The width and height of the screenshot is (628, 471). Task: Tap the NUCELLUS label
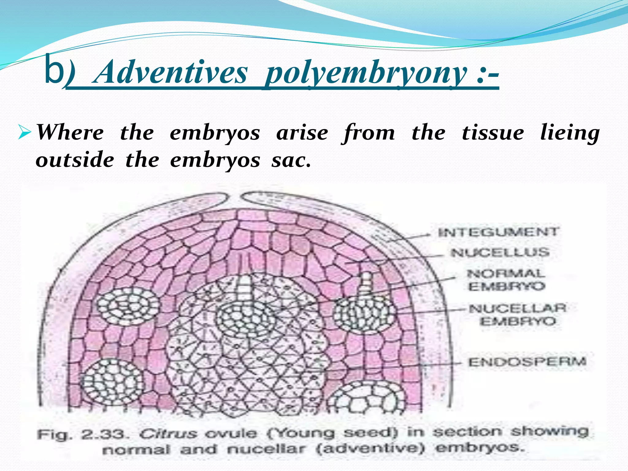pos(500,253)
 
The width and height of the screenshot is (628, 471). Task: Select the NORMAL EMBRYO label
pos(506,280)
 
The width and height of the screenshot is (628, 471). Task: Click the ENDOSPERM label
pos(527,362)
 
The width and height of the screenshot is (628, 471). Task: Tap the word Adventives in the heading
pos(170,73)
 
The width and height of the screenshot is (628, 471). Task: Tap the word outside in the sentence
pos(75,160)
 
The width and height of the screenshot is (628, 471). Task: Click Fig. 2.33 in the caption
pos(81,434)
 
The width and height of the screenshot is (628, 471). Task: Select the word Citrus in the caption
pos(167,434)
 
